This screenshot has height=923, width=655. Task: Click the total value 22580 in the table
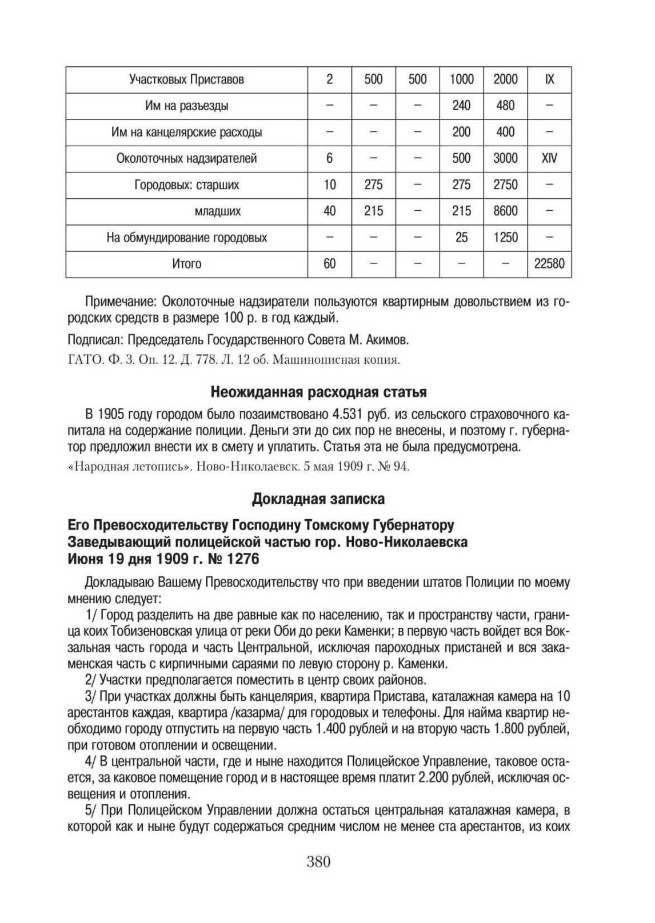pos(549,264)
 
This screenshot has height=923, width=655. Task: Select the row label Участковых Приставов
pos(186,79)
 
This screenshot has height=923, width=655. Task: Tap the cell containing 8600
pos(505,211)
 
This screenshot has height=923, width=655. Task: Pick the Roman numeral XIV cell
pos(549,158)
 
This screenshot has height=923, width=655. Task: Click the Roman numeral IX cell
pos(549,79)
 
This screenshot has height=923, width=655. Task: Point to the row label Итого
pos(186,264)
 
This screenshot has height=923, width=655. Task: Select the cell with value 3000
pos(505,158)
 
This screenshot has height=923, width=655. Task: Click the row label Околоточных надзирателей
pos(186,158)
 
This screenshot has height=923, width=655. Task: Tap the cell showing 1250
pos(505,238)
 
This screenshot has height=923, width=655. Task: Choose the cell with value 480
pos(505,106)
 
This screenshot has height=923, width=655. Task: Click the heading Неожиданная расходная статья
pos(318,392)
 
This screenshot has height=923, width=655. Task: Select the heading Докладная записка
pos(318,499)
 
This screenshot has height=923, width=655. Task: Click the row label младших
pos(217,211)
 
